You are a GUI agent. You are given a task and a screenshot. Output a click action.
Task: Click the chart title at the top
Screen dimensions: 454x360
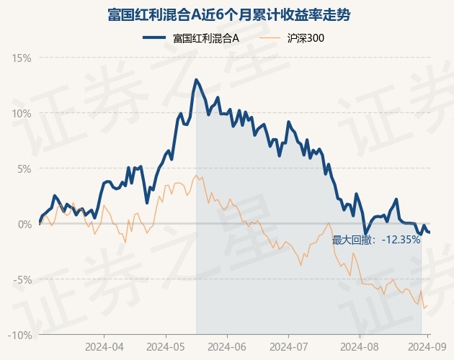pos(228,15)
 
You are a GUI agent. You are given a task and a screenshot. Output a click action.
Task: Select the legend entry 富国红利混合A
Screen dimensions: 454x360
pos(206,38)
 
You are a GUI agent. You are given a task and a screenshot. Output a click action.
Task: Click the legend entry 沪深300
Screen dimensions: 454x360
pos(306,38)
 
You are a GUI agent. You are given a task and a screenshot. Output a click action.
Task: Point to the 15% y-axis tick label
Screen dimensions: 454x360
pos(21,58)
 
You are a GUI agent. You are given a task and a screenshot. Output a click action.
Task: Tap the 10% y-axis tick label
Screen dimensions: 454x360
pos(21,114)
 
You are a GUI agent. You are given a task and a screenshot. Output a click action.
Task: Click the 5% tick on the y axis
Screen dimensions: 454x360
pos(24,169)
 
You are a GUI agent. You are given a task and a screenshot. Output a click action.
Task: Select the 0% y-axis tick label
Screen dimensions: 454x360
pos(25,224)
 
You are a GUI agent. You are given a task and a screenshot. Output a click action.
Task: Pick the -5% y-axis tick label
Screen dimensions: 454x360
pos(22,280)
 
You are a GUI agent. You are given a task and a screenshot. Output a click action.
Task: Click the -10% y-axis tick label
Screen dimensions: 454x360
pos(19,335)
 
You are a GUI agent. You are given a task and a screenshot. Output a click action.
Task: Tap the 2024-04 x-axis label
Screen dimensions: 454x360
pos(104,347)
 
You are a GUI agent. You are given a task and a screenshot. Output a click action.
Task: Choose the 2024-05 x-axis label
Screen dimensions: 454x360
pos(166,347)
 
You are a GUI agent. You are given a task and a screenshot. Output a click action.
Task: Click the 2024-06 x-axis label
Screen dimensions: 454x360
pos(227,347)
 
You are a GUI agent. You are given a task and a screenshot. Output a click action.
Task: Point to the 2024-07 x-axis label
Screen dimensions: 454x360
pos(289,347)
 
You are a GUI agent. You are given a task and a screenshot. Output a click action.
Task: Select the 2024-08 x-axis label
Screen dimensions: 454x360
pos(360,347)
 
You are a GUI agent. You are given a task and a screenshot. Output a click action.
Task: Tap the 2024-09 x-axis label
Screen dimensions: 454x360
pos(427,347)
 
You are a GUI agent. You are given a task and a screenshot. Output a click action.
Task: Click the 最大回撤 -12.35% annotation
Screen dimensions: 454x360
pos(376,240)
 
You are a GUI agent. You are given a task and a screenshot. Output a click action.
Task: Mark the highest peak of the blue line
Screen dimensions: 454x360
pos(196,80)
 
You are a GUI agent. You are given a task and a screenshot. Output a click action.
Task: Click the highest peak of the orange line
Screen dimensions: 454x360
pos(196,176)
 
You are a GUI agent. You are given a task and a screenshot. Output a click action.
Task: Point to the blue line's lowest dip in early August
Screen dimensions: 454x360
pos(365,234)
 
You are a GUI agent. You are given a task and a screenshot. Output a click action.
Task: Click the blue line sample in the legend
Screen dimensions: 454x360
pos(154,37)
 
